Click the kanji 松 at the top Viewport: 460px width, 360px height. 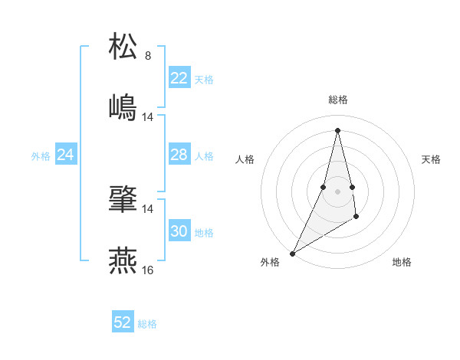(123, 47)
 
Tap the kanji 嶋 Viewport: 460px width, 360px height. (123, 106)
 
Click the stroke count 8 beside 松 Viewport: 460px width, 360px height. (148, 56)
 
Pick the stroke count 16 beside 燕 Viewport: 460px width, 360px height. (148, 270)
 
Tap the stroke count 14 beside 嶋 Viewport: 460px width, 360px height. (148, 116)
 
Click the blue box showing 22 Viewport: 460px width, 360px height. (179, 78)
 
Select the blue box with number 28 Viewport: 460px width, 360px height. (179, 155)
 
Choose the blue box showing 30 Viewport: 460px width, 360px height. (179, 231)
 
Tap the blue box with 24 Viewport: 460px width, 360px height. (66, 155)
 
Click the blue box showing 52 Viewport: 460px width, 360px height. (123, 322)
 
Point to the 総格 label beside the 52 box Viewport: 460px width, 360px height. (147, 324)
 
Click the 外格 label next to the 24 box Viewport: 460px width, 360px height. (41, 156)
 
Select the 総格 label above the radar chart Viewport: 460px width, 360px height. (338, 100)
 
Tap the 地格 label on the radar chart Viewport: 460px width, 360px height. (402, 262)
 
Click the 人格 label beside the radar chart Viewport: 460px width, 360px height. (245, 159)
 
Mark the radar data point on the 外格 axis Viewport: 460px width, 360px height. (292, 254)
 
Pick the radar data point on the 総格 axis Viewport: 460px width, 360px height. (337, 129)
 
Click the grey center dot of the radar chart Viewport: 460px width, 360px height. (337, 191)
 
